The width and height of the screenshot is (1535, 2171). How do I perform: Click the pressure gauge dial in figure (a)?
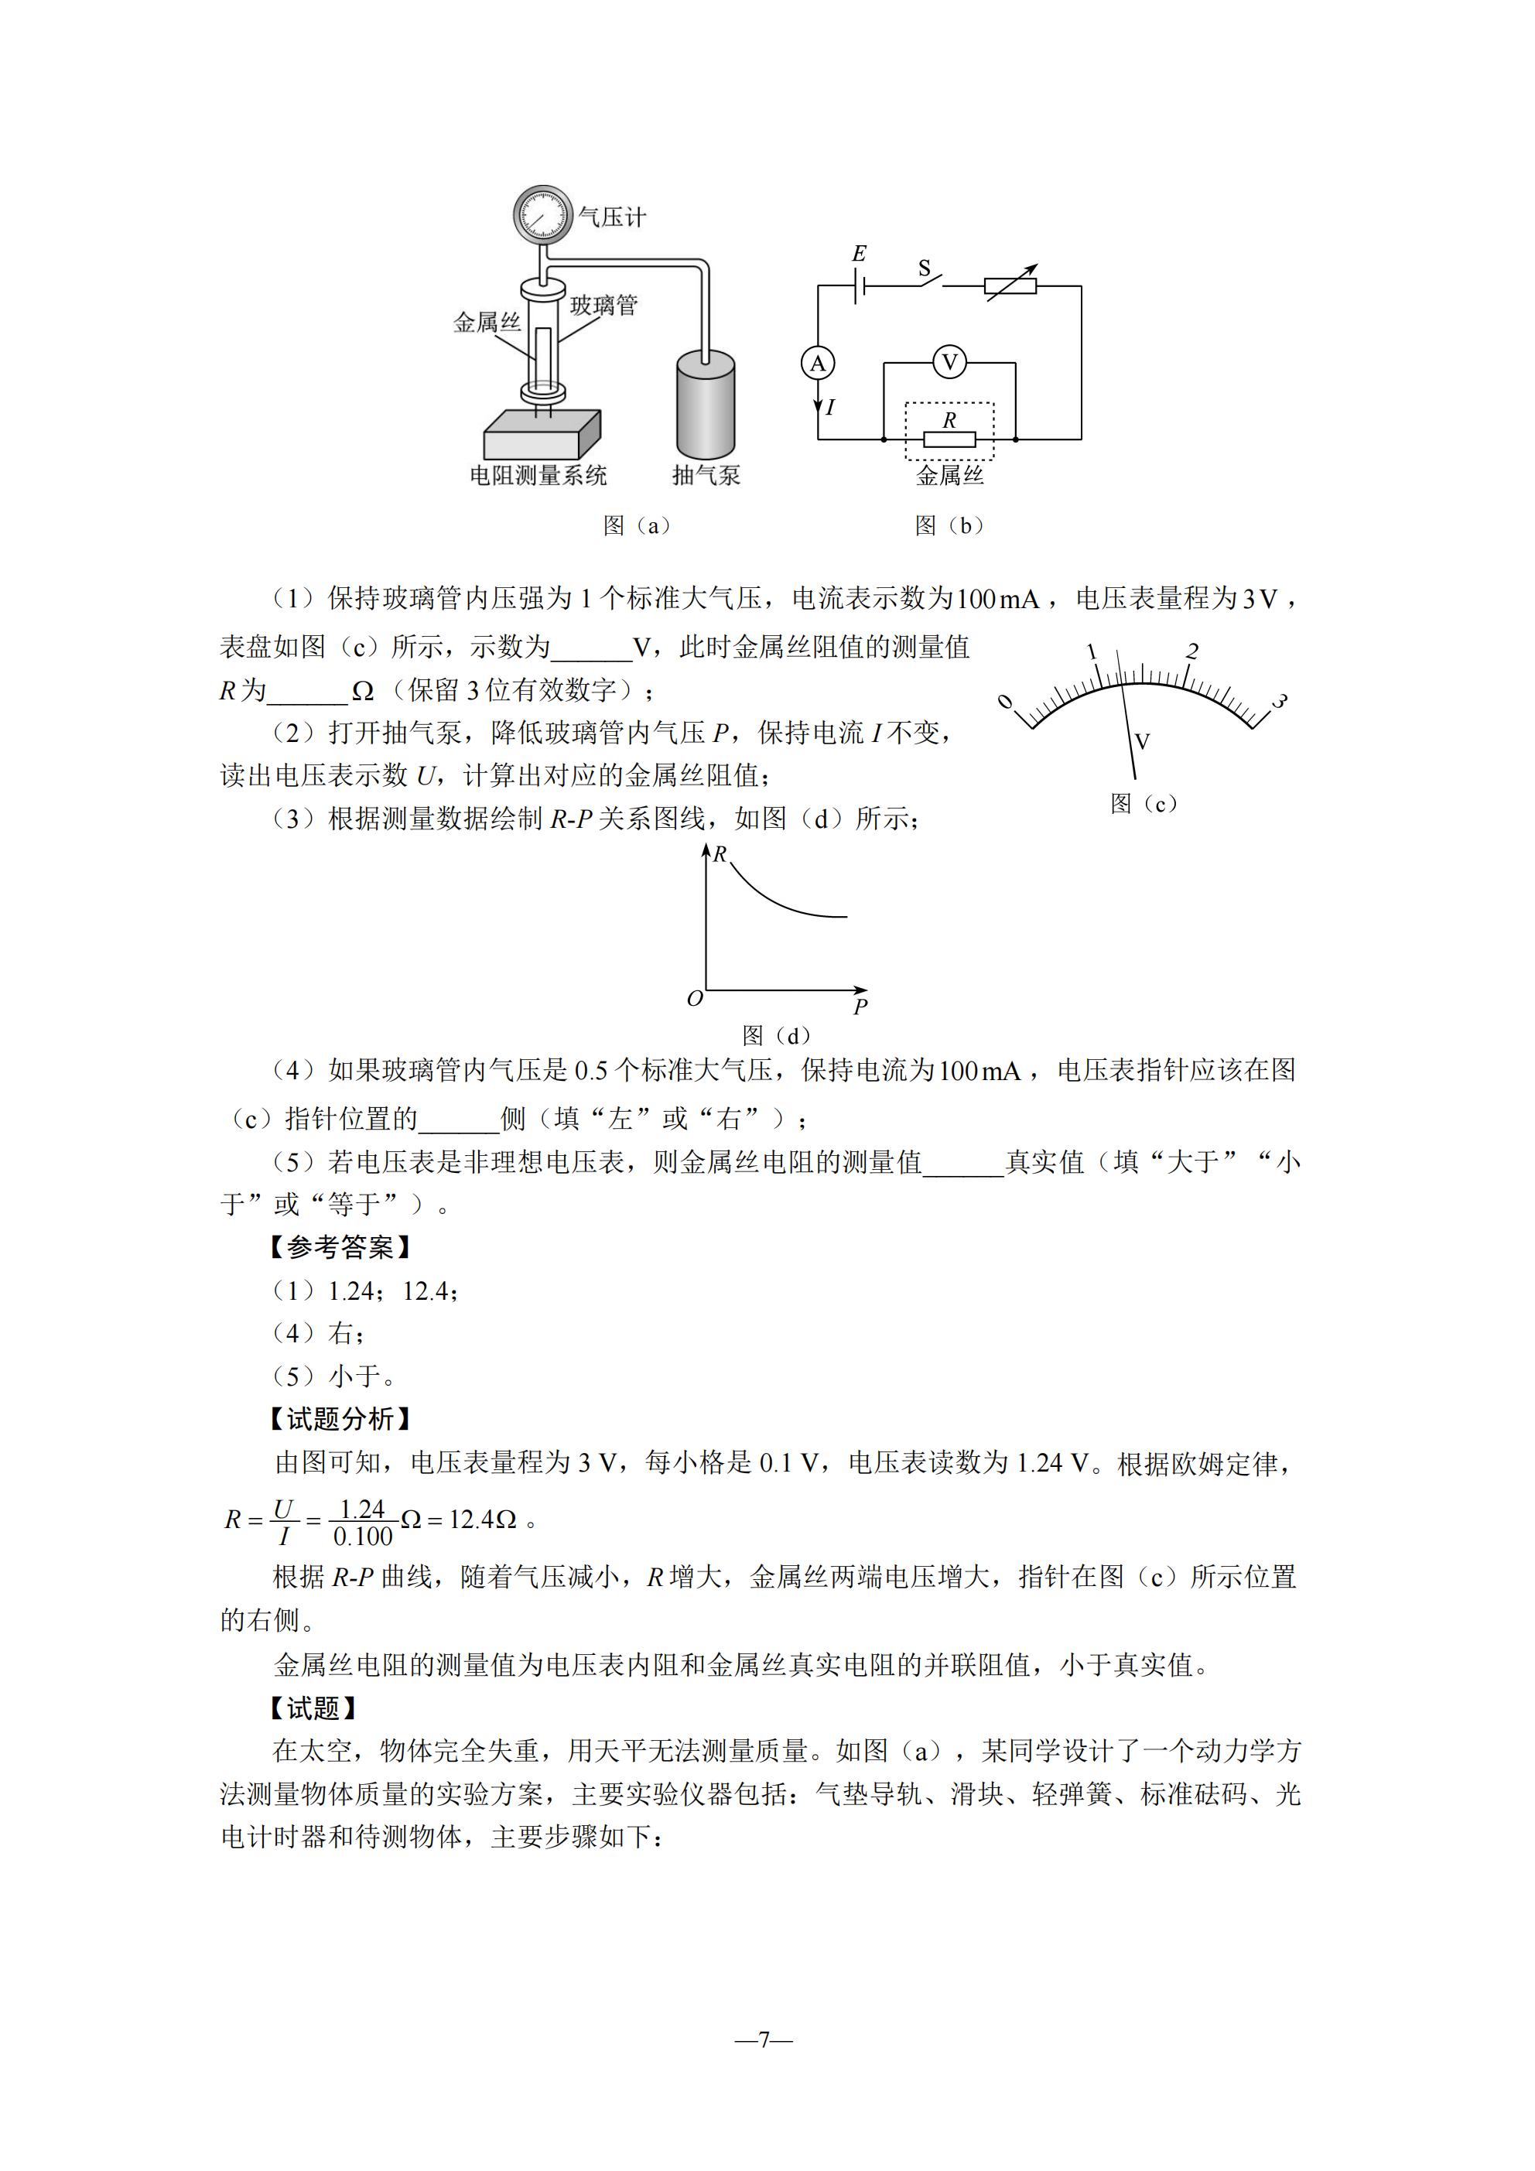tap(543, 214)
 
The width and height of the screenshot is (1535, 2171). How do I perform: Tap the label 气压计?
tap(612, 217)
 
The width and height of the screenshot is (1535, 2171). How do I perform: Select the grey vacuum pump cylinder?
tap(706, 407)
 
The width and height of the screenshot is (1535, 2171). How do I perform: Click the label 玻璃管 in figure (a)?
tap(603, 306)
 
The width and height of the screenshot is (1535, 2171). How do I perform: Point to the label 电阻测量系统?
tap(538, 476)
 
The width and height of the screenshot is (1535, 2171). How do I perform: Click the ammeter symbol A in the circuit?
tap(818, 363)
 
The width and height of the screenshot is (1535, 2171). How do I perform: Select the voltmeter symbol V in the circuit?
tap(949, 362)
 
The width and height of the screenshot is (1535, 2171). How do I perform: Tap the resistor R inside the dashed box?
tap(949, 439)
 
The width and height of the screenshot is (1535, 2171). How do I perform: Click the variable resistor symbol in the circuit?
tap(1010, 285)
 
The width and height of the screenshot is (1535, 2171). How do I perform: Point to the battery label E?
tap(859, 254)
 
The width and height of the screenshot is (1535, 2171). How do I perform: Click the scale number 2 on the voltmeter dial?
tap(1191, 651)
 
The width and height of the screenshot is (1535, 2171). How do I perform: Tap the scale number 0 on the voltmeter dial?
tap(1005, 702)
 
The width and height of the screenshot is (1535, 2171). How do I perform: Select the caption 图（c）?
tap(1144, 804)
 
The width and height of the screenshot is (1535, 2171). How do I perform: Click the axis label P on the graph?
tap(860, 1006)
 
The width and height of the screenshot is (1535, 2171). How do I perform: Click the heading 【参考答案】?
tap(340, 1247)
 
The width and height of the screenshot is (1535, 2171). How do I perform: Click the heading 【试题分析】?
tap(340, 1418)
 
